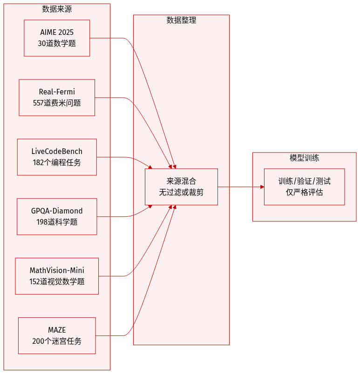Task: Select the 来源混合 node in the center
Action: (x=181, y=181)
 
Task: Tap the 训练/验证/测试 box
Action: (x=304, y=181)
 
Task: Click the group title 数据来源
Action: (x=57, y=9)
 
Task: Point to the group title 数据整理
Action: (x=181, y=20)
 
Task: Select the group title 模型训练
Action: (x=304, y=158)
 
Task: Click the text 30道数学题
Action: (x=57, y=43)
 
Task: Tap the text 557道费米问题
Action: (x=57, y=103)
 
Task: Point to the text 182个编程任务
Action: (x=57, y=162)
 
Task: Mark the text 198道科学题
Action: (x=57, y=222)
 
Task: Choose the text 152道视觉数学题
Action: (x=57, y=281)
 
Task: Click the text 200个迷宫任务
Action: (x=57, y=341)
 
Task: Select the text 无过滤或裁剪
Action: (x=181, y=192)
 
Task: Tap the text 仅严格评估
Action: (x=304, y=192)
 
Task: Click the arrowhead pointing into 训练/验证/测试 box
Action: (x=261, y=187)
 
